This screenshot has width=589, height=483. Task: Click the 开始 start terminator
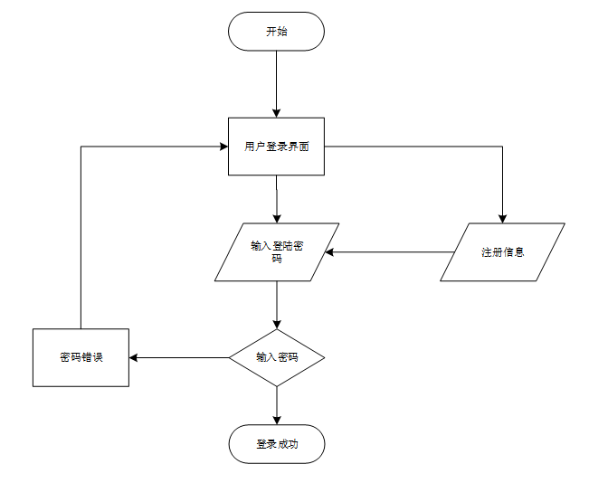click(277, 32)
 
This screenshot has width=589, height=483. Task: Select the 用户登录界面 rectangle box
click(277, 147)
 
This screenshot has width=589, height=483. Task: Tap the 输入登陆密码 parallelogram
click(277, 251)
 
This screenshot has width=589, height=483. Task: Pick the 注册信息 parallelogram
click(503, 251)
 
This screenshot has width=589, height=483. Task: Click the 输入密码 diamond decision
click(277, 357)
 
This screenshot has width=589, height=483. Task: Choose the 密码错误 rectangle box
click(81, 357)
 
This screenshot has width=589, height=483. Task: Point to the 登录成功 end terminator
click(277, 444)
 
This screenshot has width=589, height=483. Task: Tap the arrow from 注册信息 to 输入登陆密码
click(389, 252)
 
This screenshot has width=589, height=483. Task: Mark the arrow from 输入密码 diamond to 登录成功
click(277, 405)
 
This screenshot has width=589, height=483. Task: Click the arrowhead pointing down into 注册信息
click(503, 218)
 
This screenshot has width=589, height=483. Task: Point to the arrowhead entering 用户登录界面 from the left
click(223, 147)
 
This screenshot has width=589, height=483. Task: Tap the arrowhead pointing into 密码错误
click(134, 357)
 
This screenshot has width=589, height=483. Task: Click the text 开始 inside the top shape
click(277, 32)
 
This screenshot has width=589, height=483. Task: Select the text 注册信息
click(503, 251)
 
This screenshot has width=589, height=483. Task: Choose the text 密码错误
click(81, 357)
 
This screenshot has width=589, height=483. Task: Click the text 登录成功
click(277, 444)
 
